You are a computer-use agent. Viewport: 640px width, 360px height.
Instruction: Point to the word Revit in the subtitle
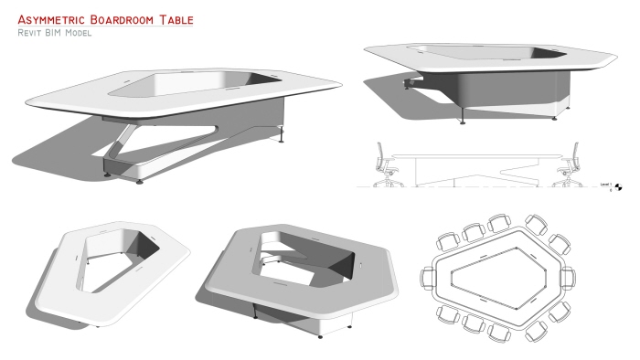[x=30, y=33]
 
